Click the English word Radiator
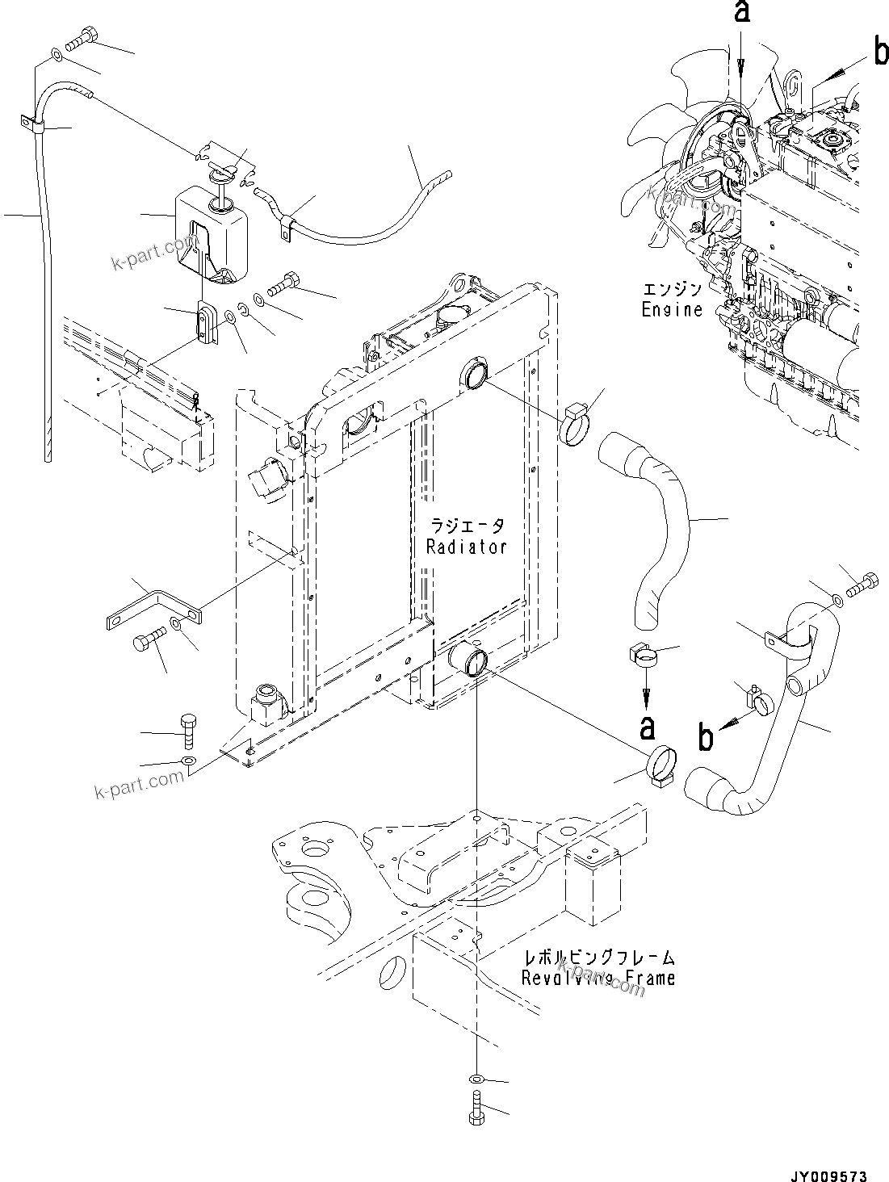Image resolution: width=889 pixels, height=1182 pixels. click(466, 547)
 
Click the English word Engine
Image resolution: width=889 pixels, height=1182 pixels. click(672, 309)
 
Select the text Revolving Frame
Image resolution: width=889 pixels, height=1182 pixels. click(598, 978)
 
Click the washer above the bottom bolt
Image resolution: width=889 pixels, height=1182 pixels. click(476, 1079)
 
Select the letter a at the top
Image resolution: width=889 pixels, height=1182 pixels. click(741, 13)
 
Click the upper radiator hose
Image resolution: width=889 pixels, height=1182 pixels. click(652, 525)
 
